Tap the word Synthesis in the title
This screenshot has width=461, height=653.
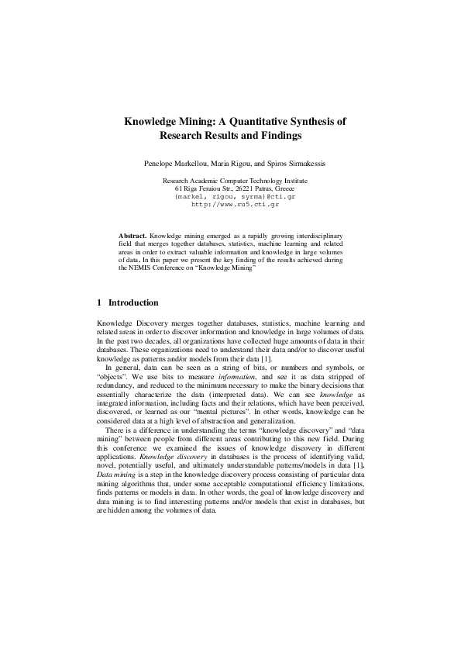click(321, 122)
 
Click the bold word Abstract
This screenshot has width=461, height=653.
click(132, 233)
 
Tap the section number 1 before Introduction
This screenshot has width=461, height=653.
click(99, 302)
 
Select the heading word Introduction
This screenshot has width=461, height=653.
click(133, 302)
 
